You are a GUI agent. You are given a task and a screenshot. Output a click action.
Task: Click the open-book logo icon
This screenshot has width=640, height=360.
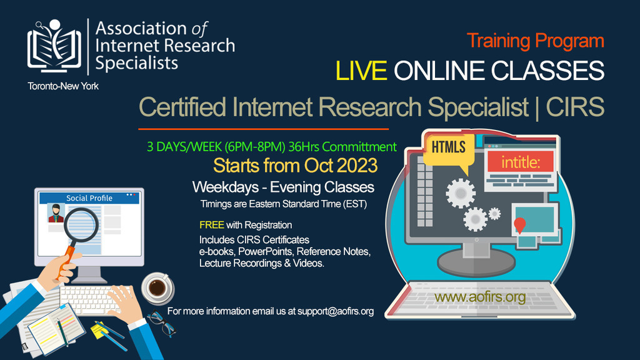(54, 46)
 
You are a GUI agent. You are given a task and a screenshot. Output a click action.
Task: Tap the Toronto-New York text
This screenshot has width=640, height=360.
(63, 86)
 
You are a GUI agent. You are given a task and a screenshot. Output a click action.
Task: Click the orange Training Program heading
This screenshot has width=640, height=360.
(535, 41)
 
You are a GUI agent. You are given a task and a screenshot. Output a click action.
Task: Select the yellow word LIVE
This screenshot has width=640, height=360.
(361, 70)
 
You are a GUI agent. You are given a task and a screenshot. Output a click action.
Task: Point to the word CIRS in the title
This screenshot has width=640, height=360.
(575, 107)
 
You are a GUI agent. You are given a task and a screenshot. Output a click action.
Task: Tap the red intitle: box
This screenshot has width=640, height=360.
(521, 162)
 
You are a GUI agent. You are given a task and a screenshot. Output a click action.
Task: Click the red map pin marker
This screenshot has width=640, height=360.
(519, 225)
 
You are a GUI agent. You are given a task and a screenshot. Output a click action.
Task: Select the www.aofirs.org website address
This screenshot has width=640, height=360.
(479, 297)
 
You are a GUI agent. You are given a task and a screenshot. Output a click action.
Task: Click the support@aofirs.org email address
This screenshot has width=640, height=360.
(336, 311)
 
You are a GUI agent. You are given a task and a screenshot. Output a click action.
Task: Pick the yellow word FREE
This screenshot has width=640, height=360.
(211, 225)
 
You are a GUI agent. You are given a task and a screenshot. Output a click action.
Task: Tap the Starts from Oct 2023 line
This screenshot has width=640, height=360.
(295, 166)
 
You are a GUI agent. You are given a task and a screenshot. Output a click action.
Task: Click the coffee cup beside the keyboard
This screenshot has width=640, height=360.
(157, 287)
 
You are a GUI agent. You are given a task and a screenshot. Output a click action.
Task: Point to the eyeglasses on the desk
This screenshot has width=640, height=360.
(162, 323)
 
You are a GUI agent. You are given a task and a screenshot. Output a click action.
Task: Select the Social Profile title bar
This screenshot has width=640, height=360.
(89, 198)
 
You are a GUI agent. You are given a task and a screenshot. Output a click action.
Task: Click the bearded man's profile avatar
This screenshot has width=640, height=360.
(56, 212)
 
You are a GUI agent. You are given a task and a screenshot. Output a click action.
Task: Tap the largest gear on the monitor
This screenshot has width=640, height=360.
(461, 194)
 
